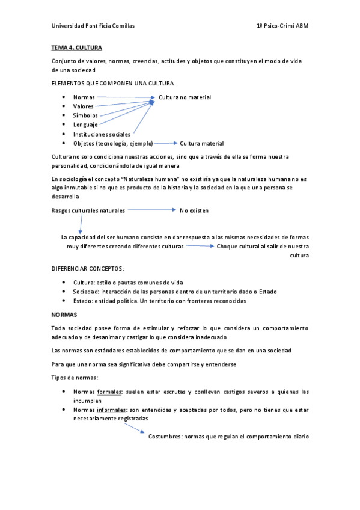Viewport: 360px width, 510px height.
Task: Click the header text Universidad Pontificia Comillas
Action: (93, 26)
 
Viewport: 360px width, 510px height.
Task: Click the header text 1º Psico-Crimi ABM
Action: (282, 26)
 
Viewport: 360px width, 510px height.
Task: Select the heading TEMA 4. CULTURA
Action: (77, 47)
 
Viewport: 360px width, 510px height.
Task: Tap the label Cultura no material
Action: (185, 97)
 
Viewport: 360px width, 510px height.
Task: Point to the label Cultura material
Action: (202, 143)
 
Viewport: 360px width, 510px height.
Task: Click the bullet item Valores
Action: (84, 106)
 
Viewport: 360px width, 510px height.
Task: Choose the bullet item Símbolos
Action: (85, 115)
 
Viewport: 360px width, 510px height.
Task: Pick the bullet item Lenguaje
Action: (85, 124)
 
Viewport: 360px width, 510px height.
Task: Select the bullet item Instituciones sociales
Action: (102, 134)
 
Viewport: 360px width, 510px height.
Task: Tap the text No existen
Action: (194, 210)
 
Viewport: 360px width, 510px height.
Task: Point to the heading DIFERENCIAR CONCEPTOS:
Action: (88, 269)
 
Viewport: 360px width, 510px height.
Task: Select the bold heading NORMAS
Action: (64, 315)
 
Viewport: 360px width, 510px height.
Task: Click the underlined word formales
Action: (109, 392)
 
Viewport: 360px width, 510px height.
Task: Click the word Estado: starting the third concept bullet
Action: (84, 301)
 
